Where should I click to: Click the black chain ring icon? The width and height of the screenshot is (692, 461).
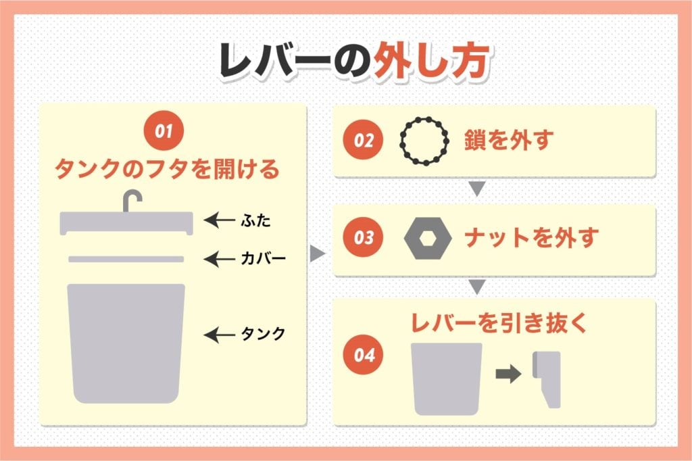[424, 141]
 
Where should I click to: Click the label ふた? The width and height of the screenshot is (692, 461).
[253, 220]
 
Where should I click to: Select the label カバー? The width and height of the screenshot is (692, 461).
[262, 259]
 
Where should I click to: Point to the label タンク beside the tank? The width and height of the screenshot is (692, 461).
[263, 334]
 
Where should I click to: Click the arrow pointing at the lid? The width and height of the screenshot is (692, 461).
[218, 220]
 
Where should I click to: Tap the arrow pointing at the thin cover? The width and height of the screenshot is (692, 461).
[218, 259]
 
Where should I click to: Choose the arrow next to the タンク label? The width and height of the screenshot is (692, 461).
[218, 334]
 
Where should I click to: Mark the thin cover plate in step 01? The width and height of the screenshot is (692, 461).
[126, 259]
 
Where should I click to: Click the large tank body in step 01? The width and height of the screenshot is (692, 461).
[126, 341]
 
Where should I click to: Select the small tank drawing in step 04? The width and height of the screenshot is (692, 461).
[447, 377]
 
